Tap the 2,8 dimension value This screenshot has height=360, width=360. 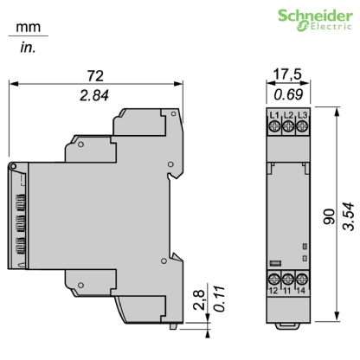click(197, 306)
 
